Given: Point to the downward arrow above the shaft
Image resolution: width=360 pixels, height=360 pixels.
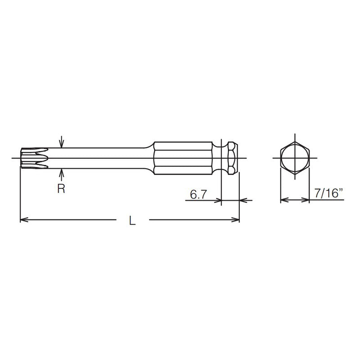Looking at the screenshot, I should [62, 143].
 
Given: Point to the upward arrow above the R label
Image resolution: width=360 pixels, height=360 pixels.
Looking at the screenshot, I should [62, 174].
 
